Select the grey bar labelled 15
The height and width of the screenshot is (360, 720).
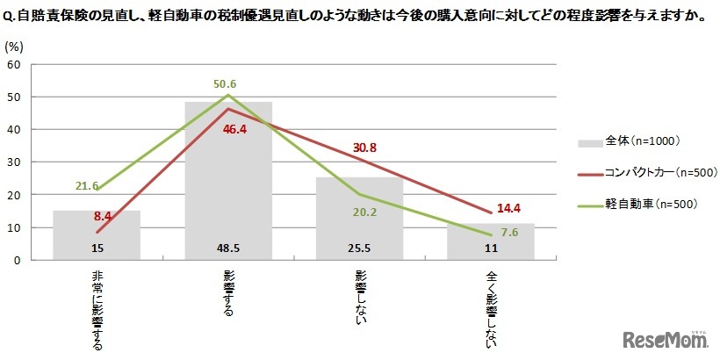click(97, 234)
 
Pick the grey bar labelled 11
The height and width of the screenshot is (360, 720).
click(491, 241)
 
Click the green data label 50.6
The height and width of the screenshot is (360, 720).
click(227, 84)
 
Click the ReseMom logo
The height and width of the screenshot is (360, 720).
click(666, 339)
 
